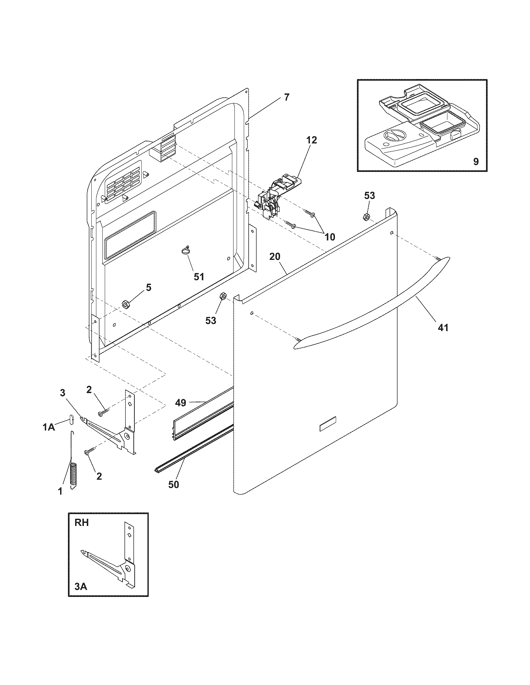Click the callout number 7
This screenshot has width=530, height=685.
[286, 97]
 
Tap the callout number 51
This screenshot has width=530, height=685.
[199, 276]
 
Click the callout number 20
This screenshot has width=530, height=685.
[275, 257]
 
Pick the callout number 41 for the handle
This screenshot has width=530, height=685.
[443, 328]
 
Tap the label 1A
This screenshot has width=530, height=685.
[49, 427]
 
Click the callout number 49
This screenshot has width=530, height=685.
[181, 402]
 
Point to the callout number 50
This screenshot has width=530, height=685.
[173, 484]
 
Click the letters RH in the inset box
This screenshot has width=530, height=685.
[82, 522]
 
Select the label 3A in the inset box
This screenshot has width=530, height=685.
[81, 586]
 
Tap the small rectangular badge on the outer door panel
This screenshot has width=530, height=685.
[327, 427]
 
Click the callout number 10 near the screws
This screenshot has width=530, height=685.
[330, 237]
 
